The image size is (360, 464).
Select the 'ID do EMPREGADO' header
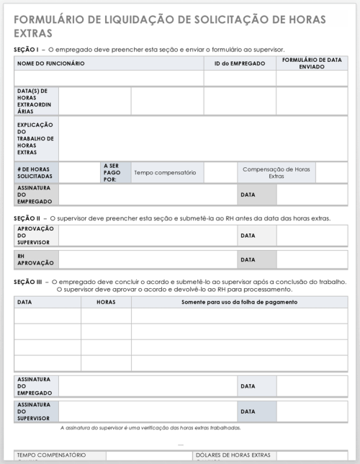(240, 63)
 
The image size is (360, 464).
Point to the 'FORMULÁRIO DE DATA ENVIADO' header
(312, 63)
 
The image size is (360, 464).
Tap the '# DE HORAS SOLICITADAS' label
(35, 172)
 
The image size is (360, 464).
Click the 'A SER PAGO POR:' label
(115, 172)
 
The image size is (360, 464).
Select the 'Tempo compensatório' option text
(165, 172)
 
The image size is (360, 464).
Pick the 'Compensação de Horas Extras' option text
(276, 172)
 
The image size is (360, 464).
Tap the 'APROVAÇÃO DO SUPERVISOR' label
(35, 236)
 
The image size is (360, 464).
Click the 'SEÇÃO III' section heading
(28, 282)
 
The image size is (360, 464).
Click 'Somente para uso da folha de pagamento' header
(240, 302)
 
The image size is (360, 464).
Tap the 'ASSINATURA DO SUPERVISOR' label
(35, 411)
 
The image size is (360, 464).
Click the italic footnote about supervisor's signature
(150, 427)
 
